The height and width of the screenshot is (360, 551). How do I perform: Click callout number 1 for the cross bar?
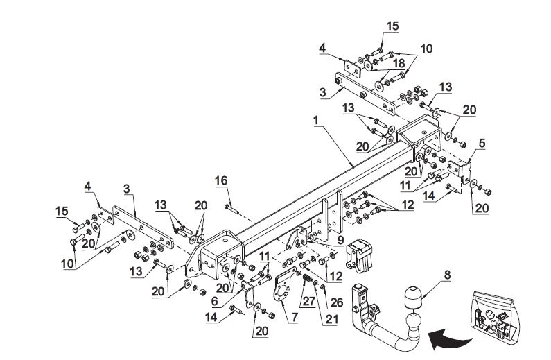[315, 120]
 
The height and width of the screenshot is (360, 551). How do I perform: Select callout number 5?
[482, 143]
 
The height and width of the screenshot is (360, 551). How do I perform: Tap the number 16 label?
[221, 180]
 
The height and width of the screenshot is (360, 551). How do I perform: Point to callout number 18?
[399, 63]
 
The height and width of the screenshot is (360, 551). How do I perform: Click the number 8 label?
[447, 275]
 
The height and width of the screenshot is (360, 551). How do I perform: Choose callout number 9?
[340, 240]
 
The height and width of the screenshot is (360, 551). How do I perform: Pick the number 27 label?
[309, 302]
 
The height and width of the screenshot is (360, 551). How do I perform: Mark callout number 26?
[337, 302]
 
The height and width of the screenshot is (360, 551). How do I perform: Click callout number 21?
[331, 319]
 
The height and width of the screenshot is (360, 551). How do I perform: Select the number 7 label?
[294, 317]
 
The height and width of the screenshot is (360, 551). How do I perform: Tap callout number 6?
[214, 301]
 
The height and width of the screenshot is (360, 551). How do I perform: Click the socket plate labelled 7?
[283, 286]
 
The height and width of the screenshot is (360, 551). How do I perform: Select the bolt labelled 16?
[233, 209]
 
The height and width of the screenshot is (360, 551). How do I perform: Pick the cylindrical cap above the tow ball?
[413, 297]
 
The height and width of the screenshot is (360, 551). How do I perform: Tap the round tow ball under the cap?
[414, 322]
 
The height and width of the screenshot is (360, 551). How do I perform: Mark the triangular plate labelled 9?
[296, 238]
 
